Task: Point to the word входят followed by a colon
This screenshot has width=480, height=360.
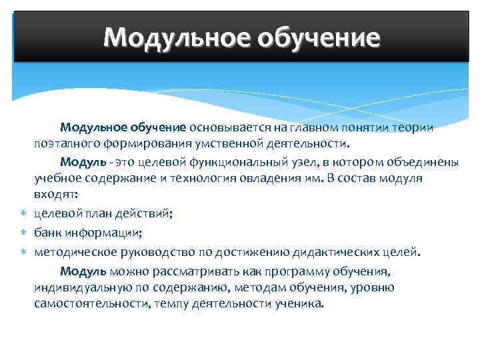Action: [56, 195]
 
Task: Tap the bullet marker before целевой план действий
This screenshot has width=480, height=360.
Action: [23, 214]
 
